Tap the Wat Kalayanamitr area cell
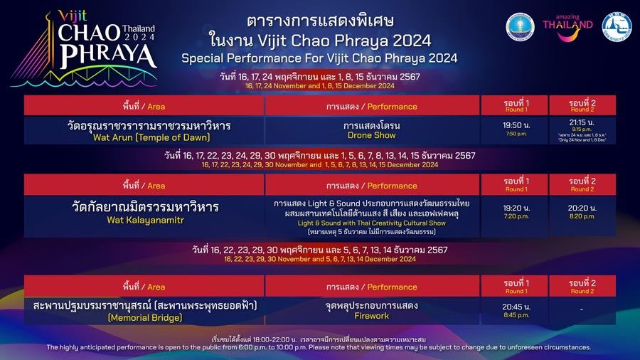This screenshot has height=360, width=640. pos(144,213)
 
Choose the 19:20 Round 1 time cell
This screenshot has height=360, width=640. pos(515,212)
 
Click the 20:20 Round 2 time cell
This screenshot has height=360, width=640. pos(582,212)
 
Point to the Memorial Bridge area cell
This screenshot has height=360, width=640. pos(144,311)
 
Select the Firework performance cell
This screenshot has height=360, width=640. pos(372,311)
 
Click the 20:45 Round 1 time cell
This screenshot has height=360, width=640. pos(515,311)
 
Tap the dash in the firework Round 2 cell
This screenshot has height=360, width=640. pos(582,310)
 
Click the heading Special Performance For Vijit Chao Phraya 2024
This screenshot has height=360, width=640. pos(319,58)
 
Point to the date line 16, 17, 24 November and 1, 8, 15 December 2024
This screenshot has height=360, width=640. pos(319,85)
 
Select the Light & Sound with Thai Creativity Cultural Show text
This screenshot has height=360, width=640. pos(372,223)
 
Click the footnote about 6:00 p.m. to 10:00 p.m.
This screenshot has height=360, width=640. pos(319,347)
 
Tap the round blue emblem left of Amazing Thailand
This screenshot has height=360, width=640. pos(520,27)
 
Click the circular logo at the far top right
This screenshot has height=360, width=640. pos(616,27)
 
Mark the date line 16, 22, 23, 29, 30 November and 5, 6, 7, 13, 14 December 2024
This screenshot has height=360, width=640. pos(319,259)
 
